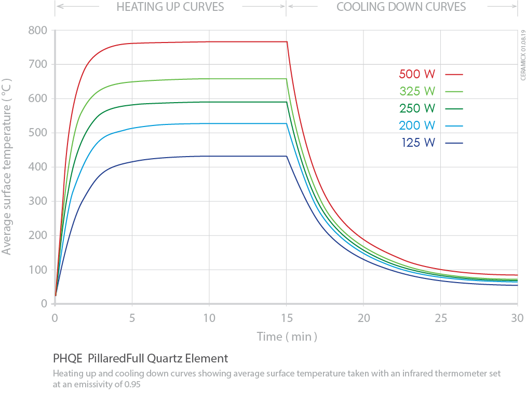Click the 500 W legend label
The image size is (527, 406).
pos(417,74)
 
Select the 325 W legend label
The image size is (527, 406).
pos(417,91)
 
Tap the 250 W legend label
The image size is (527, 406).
pos(417,108)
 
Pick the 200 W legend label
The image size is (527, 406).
pos(417,125)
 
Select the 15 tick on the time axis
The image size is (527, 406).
pos(287,317)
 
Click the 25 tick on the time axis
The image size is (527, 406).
pos(441,317)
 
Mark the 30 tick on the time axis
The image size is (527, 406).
pos(517,317)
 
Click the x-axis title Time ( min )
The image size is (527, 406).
pos(287,337)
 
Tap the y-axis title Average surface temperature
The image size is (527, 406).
pos(7,166)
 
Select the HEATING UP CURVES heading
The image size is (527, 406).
pos(170,7)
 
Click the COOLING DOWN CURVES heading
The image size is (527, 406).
pos(401,7)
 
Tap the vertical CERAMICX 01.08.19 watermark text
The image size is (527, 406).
pos(521,55)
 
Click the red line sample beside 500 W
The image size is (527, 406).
pos(454,74)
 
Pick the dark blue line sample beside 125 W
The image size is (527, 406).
pos(454,143)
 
